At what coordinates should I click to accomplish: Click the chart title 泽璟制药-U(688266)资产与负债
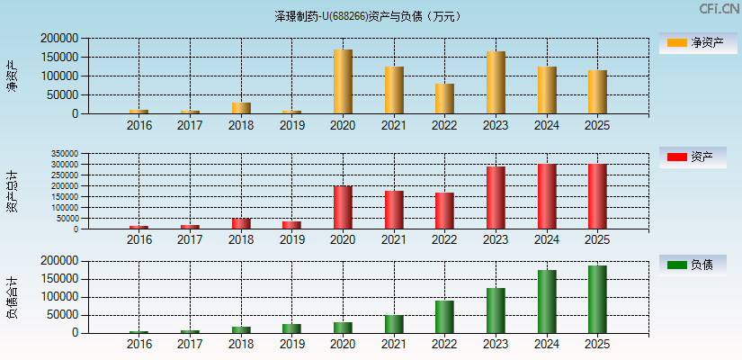(x=370, y=16)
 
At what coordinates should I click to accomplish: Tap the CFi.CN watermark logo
(x=719, y=8)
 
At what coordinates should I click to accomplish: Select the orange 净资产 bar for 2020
(x=343, y=82)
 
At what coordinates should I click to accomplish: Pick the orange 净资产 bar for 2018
(x=241, y=108)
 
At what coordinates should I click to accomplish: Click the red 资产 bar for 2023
(x=496, y=198)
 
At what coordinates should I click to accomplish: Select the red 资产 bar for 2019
(x=291, y=225)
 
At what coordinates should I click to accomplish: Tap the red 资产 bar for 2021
(x=394, y=210)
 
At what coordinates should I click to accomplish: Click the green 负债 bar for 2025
(x=597, y=299)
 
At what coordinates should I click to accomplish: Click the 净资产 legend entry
(x=693, y=42)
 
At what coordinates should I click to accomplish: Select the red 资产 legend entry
(x=693, y=157)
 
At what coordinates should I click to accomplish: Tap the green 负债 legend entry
(x=693, y=265)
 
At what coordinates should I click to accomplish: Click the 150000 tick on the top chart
(x=58, y=57)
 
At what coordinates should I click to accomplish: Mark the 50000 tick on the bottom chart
(x=62, y=315)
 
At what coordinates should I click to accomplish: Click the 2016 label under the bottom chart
(x=139, y=344)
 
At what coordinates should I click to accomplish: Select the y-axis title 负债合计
(x=12, y=298)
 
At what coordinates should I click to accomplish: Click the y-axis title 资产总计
(x=12, y=191)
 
